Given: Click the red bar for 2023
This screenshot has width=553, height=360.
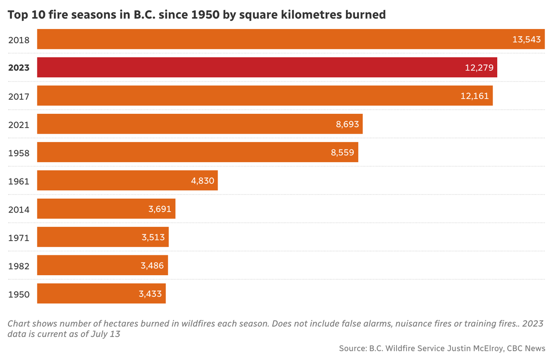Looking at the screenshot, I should [x=267, y=67].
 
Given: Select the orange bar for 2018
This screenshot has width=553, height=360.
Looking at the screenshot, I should [x=290, y=39].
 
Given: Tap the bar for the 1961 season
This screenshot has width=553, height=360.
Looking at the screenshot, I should [x=127, y=180].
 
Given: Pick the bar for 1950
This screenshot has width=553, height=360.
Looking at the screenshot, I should [x=101, y=293].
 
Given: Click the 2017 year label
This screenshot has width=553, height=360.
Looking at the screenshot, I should [x=19, y=96].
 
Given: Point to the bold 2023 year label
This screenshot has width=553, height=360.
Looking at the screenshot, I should [x=19, y=68].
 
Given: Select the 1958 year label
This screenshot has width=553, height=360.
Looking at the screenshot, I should [x=19, y=153].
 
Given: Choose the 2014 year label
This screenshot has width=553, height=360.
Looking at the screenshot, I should [x=19, y=209].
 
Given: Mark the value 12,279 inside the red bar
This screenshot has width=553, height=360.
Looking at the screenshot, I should [x=479, y=68].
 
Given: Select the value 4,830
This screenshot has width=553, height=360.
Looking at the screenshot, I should [x=203, y=181].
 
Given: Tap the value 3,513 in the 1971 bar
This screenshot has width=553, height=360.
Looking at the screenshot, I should [x=153, y=237].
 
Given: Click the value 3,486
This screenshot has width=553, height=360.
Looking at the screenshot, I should [x=152, y=266].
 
